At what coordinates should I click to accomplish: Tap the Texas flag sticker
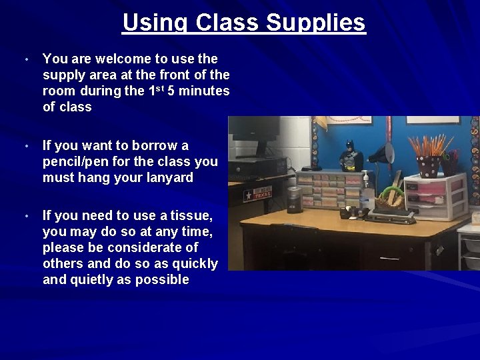pyautogui.click(x=258, y=194)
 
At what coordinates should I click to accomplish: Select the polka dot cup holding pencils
pyautogui.click(x=427, y=165)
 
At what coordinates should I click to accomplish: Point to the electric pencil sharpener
pyautogui.click(x=294, y=199)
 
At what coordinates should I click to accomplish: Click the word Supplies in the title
pyautogui.click(x=316, y=23)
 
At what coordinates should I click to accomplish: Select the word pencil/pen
pyautogui.click(x=76, y=162)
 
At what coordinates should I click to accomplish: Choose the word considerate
pyautogui.click(x=151, y=248)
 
